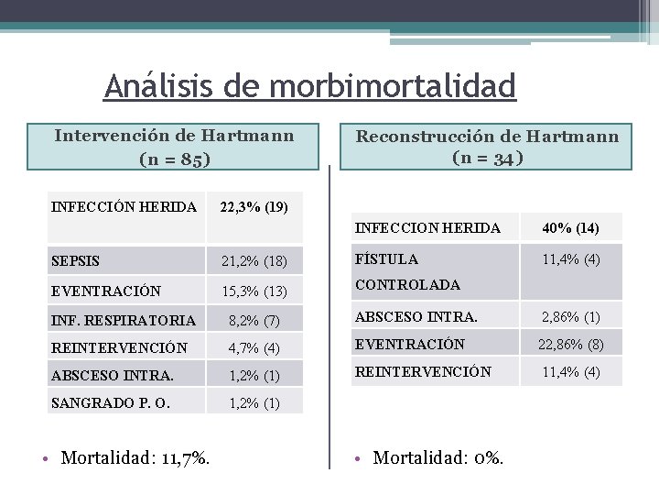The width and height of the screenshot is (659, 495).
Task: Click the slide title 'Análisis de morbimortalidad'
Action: [x=310, y=86]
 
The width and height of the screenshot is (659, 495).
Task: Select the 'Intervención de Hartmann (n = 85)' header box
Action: [x=174, y=147]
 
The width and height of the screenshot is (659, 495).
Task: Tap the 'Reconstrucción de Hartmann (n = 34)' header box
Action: [x=487, y=147]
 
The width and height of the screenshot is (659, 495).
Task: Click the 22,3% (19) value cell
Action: [x=254, y=207]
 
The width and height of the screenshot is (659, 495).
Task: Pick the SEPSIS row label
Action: [x=76, y=262]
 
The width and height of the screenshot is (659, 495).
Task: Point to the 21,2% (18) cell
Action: [x=254, y=262]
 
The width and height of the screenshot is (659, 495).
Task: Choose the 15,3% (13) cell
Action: [x=254, y=291]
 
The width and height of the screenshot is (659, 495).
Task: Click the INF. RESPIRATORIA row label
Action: [x=124, y=321]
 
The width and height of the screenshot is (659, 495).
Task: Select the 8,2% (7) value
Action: [x=254, y=321]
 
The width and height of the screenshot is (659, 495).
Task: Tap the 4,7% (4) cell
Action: [x=254, y=348]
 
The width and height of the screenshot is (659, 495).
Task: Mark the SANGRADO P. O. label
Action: [x=111, y=403]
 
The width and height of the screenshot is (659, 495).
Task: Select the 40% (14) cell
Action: [x=570, y=227]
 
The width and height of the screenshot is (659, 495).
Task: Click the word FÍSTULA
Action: [x=386, y=259]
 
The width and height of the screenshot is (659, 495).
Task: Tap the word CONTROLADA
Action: [x=407, y=285]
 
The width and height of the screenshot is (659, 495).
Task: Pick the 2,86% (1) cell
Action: [x=570, y=317]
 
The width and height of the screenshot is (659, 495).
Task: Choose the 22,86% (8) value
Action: [x=570, y=345]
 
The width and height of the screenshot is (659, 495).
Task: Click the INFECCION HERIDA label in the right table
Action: [x=427, y=227]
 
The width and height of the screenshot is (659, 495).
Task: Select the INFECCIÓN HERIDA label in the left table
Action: [x=124, y=207]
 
